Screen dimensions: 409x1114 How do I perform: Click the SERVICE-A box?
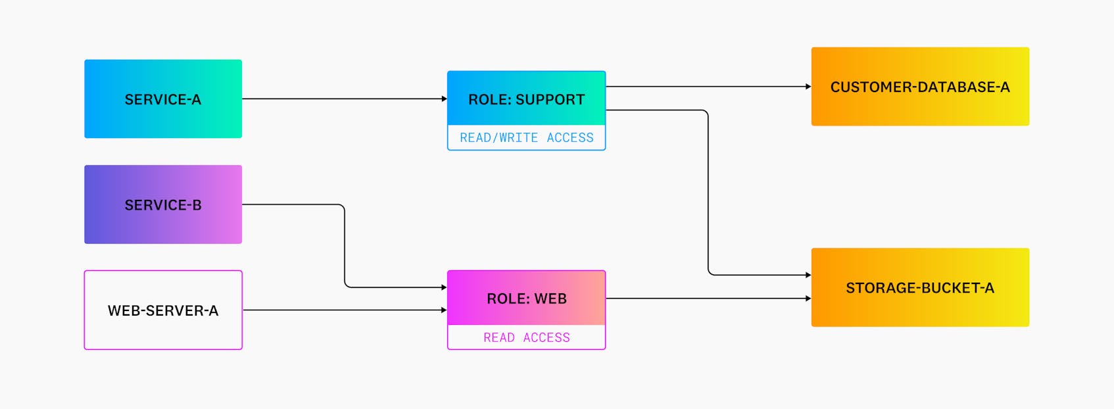pyautogui.click(x=163, y=99)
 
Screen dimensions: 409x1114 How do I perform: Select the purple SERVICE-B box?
pyautogui.click(x=163, y=204)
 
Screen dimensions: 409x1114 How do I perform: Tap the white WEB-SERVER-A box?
pyautogui.click(x=163, y=310)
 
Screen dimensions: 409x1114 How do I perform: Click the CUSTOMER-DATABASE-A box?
pyautogui.click(x=920, y=86)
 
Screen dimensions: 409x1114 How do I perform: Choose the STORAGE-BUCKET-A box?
pyautogui.click(x=920, y=287)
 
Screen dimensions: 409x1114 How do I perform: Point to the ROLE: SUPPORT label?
pyautogui.click(x=526, y=99)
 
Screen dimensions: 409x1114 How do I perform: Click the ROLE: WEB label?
pyautogui.click(x=526, y=299)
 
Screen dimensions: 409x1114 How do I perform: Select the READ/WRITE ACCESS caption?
pyautogui.click(x=526, y=137)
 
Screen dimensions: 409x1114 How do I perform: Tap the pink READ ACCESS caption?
pyautogui.click(x=526, y=337)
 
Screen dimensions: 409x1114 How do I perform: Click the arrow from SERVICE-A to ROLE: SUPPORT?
pyautogui.click(x=342, y=99)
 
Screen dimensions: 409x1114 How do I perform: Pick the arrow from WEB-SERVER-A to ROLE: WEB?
pyautogui.click(x=342, y=310)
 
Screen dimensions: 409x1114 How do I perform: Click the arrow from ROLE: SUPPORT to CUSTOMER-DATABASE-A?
pyautogui.click(x=707, y=86)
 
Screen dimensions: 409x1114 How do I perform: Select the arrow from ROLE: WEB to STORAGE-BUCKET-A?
pyautogui.click(x=707, y=299)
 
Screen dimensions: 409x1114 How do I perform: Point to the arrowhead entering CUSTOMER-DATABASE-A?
pyautogui.click(x=808, y=86)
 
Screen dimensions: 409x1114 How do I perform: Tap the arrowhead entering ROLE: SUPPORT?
pyautogui.click(x=444, y=99)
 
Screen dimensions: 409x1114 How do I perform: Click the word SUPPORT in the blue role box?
pyautogui.click(x=550, y=99)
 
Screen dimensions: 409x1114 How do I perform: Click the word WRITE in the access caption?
pyautogui.click(x=518, y=137)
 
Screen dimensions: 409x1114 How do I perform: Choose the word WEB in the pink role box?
pyautogui.click(x=550, y=299)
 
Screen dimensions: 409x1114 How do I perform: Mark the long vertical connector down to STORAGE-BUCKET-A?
pyautogui.click(x=708, y=194)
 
